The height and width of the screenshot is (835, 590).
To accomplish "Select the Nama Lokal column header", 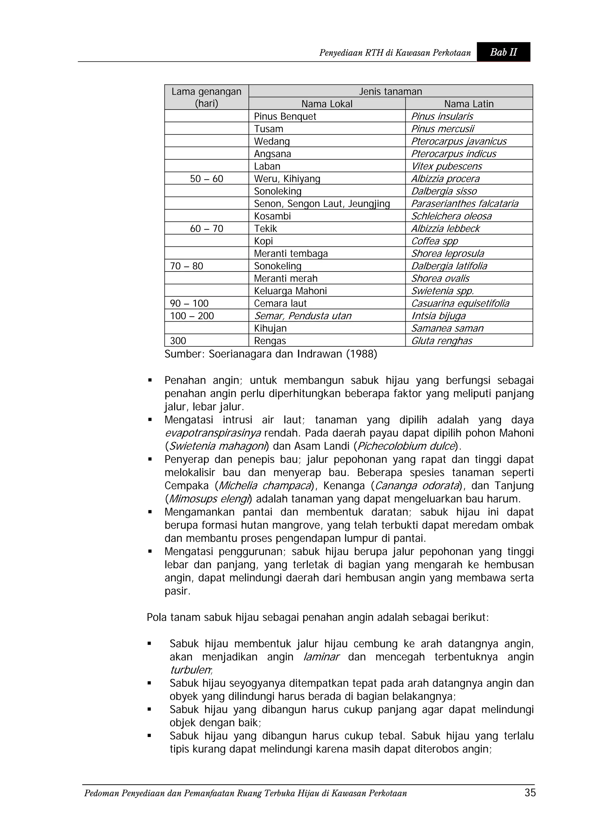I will [327, 104].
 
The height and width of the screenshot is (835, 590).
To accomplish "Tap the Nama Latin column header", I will [469, 104].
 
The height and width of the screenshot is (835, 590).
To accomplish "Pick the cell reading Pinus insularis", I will [442, 116].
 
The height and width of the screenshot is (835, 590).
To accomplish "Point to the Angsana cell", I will [273, 154].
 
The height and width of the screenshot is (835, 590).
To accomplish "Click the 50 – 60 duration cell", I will [207, 179].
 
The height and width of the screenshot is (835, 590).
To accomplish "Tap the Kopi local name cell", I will [264, 241].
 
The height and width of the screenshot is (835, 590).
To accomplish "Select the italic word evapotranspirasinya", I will [213, 433].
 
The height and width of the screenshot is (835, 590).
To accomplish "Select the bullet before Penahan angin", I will [150, 381].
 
